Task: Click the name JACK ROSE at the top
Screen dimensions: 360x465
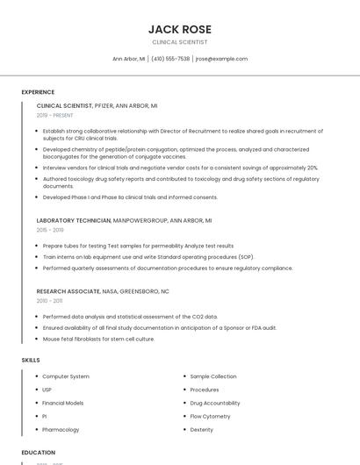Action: pyautogui.click(x=180, y=29)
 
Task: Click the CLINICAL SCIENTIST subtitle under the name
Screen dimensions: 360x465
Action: pyautogui.click(x=180, y=42)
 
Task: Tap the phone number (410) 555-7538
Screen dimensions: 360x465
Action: pyautogui.click(x=170, y=59)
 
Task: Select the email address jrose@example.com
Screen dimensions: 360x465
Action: pyautogui.click(x=221, y=59)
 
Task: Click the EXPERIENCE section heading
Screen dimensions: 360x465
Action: pyautogui.click(x=38, y=92)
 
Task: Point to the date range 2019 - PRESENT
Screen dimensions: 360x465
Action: pyautogui.click(x=54, y=115)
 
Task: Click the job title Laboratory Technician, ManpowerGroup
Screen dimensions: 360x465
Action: pyautogui.click(x=124, y=220)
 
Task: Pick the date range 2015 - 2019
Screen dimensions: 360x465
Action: pyautogui.click(x=50, y=231)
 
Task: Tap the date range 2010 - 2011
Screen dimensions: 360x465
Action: pyautogui.click(x=49, y=301)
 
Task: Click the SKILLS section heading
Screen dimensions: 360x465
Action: pyautogui.click(x=31, y=360)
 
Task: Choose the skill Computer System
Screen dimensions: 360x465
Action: pyautogui.click(x=66, y=376)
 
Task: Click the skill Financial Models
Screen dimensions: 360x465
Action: pyautogui.click(x=63, y=403)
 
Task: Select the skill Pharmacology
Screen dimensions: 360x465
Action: pyautogui.click(x=61, y=429)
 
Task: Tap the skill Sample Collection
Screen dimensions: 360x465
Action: pyautogui.click(x=213, y=376)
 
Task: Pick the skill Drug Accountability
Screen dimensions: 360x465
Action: pyautogui.click(x=215, y=403)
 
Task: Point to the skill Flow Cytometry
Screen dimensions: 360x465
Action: pyautogui.click(x=210, y=416)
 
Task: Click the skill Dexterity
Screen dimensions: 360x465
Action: pyautogui.click(x=202, y=429)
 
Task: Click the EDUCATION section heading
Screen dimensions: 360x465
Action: pyautogui.click(x=39, y=453)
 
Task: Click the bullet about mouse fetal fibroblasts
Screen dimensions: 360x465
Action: pyautogui.click(x=98, y=339)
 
